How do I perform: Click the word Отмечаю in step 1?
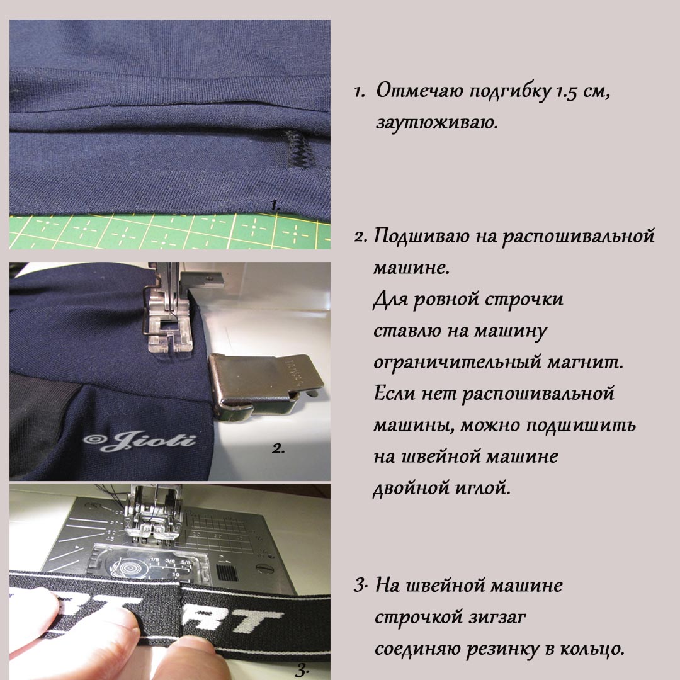pos(419,91)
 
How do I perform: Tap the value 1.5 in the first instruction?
pos(567,92)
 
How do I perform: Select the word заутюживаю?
pos(437,123)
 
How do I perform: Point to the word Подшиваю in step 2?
pos(421,236)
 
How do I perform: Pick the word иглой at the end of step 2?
pos(482,488)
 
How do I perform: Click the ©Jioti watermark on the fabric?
pos(139,440)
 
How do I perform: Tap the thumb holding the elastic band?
pos(191,657)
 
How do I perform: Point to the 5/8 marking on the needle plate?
pos(186,562)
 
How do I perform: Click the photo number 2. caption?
pos(278,448)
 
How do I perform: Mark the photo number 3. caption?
pos(302,671)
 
